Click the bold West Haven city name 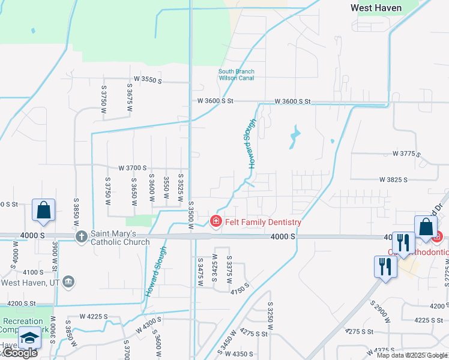[x=376, y=8]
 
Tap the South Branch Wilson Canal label [x=236, y=75]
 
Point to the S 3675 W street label [x=129, y=95]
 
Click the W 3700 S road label [x=133, y=168]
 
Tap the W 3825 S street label [x=393, y=179]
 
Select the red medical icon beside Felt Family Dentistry [x=215, y=222]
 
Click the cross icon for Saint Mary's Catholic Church [x=81, y=236]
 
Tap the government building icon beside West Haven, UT [x=68, y=281]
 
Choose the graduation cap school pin [x=29, y=338]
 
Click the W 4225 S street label [x=94, y=316]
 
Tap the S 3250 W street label [x=270, y=321]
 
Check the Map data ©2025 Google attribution [x=411, y=355]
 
